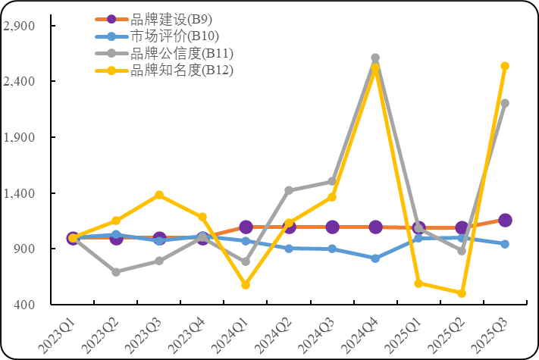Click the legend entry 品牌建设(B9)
[x=164, y=20]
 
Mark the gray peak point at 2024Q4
[x=375, y=58]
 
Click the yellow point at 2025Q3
[x=505, y=66]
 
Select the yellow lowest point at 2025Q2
[x=462, y=293]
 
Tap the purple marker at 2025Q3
[x=505, y=220]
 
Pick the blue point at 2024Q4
[x=375, y=258]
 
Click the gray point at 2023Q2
[x=116, y=271]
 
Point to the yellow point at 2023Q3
[x=159, y=195]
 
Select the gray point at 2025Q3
[x=505, y=103]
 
